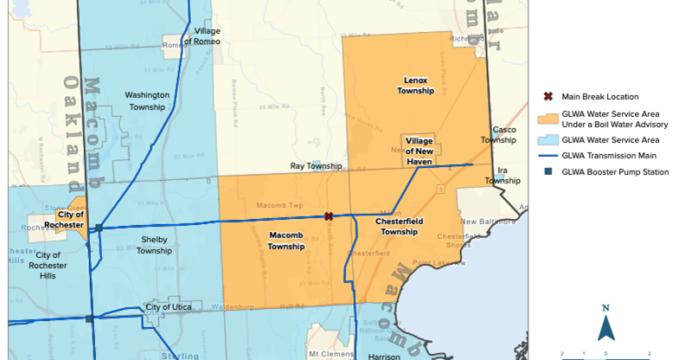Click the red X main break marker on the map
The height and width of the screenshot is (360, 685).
[329, 216]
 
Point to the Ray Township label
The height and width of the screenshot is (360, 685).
[316, 166]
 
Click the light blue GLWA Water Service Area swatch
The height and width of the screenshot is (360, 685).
[547, 139]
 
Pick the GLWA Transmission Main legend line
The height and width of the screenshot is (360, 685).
[547, 156]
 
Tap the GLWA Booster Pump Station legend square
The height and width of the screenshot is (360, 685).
[547, 172]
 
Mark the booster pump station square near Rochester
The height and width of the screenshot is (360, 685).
[99, 228]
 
